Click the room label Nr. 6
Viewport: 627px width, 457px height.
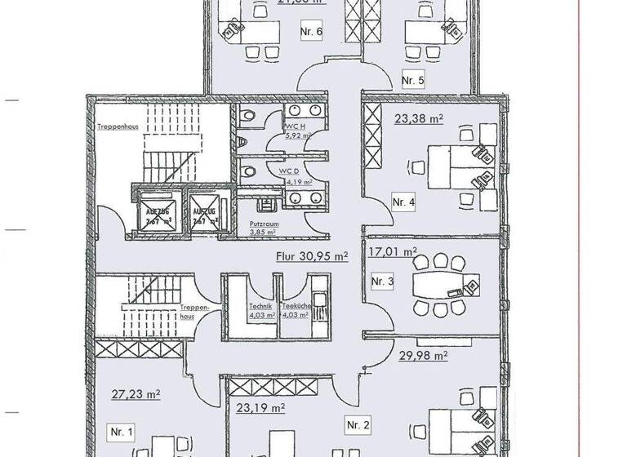(313, 33)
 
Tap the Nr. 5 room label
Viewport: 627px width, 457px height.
(413, 80)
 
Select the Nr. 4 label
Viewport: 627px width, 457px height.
(403, 202)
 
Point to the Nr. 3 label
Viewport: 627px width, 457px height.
(383, 282)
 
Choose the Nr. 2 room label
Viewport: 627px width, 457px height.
(358, 424)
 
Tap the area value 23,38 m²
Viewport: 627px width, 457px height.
(419, 118)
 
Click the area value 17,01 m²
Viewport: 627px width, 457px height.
(393, 252)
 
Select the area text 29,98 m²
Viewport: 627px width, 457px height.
(423, 355)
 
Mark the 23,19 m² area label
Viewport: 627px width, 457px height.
(260, 406)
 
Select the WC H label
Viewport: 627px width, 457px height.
(295, 126)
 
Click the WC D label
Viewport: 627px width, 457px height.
(295, 171)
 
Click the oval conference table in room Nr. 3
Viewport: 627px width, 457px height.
(439, 285)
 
